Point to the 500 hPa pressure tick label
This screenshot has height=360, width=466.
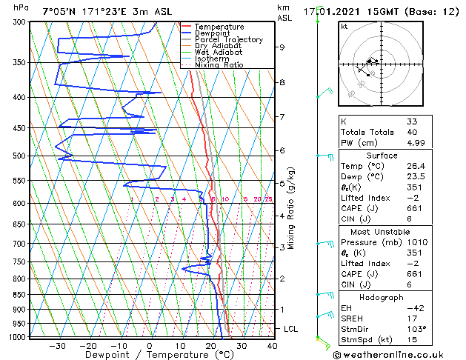tap(20, 156)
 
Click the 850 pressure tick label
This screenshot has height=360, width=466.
tap(20, 295)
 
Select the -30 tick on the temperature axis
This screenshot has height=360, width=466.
tap(56, 345)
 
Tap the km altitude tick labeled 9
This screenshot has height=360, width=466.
tap(282, 47)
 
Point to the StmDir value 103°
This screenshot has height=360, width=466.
tap(416, 328)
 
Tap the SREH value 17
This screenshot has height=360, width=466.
tap(411, 318)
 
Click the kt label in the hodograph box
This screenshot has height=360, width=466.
tap(344, 26)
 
